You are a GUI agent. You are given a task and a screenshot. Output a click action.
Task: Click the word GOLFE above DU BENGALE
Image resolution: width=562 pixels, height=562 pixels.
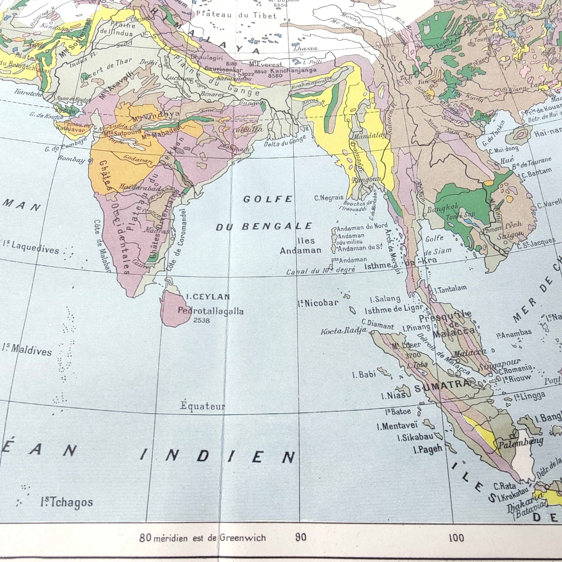pyautogui.click(x=268, y=199)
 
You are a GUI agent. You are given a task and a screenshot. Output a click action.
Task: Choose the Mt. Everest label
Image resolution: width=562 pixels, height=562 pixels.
pyautogui.click(x=266, y=64)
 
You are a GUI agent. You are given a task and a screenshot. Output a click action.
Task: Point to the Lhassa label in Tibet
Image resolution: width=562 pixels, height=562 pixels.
pyautogui.click(x=306, y=48)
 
